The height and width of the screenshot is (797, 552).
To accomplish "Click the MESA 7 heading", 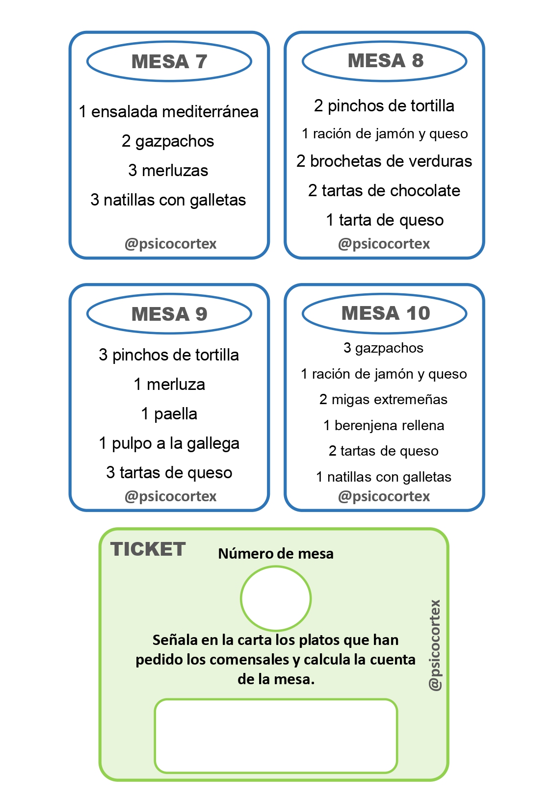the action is pos(169,62).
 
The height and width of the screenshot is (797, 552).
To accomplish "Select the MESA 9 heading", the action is pos(169,314).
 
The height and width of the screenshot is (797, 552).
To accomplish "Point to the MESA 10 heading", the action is pos(386,313).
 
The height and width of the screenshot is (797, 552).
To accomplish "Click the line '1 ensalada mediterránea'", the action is pos(169,112).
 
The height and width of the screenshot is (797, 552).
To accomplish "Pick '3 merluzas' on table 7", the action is pos(168,170).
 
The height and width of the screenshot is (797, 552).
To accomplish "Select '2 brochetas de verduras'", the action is pos(384,161).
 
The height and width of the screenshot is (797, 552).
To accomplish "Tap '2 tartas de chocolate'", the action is pos(384,191).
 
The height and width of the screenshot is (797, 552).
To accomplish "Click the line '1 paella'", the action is pos(169,414).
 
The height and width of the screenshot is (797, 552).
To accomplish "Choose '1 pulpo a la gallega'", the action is pos(169,443).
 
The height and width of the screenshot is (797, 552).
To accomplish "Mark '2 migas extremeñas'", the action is pos(383,400).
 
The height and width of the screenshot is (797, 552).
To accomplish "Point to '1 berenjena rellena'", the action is pos(384,426).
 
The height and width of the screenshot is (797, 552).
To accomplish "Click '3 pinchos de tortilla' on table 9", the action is pos(169,355).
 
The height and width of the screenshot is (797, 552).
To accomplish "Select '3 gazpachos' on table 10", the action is pos(383,348).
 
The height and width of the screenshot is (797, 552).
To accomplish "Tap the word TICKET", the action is pos(148,549).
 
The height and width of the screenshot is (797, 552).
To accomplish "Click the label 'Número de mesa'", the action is pos(276,554).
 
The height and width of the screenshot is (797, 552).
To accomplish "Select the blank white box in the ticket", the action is pos(276,736).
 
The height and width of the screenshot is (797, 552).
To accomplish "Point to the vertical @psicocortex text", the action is pos(435,645).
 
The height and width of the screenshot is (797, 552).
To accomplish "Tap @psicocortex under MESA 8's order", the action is pos(384,244).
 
